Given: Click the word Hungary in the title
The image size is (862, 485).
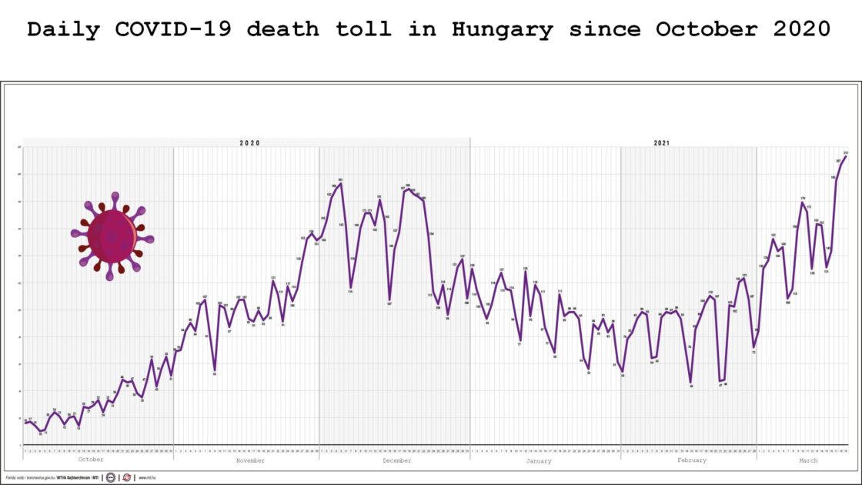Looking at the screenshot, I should (x=503, y=30).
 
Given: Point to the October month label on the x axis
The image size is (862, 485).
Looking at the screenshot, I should (x=91, y=460).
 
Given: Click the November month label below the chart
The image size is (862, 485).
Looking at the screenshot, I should (x=250, y=460).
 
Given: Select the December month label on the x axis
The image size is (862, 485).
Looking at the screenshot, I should (x=396, y=460).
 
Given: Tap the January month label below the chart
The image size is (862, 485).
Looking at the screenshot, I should (x=539, y=460).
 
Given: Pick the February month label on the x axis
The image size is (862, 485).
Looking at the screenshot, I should (x=692, y=460).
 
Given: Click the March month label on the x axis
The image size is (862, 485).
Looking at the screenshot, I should (x=808, y=460).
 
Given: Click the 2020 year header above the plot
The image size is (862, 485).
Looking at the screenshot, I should (x=249, y=143).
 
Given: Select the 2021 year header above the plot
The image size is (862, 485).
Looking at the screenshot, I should (x=662, y=143).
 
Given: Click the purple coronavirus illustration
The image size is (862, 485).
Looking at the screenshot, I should (x=112, y=236).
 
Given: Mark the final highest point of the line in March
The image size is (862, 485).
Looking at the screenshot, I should (x=846, y=156).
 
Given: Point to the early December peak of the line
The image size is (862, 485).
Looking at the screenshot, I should (x=340, y=183).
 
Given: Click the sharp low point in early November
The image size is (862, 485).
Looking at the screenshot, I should (x=215, y=371).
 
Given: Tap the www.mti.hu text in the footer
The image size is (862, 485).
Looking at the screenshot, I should (x=148, y=477).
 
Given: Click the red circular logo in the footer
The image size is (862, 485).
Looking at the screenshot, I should (x=127, y=477).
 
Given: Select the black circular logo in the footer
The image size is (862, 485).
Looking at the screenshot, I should (x=111, y=477).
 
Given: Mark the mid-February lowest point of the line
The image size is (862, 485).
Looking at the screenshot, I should (x=691, y=383).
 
